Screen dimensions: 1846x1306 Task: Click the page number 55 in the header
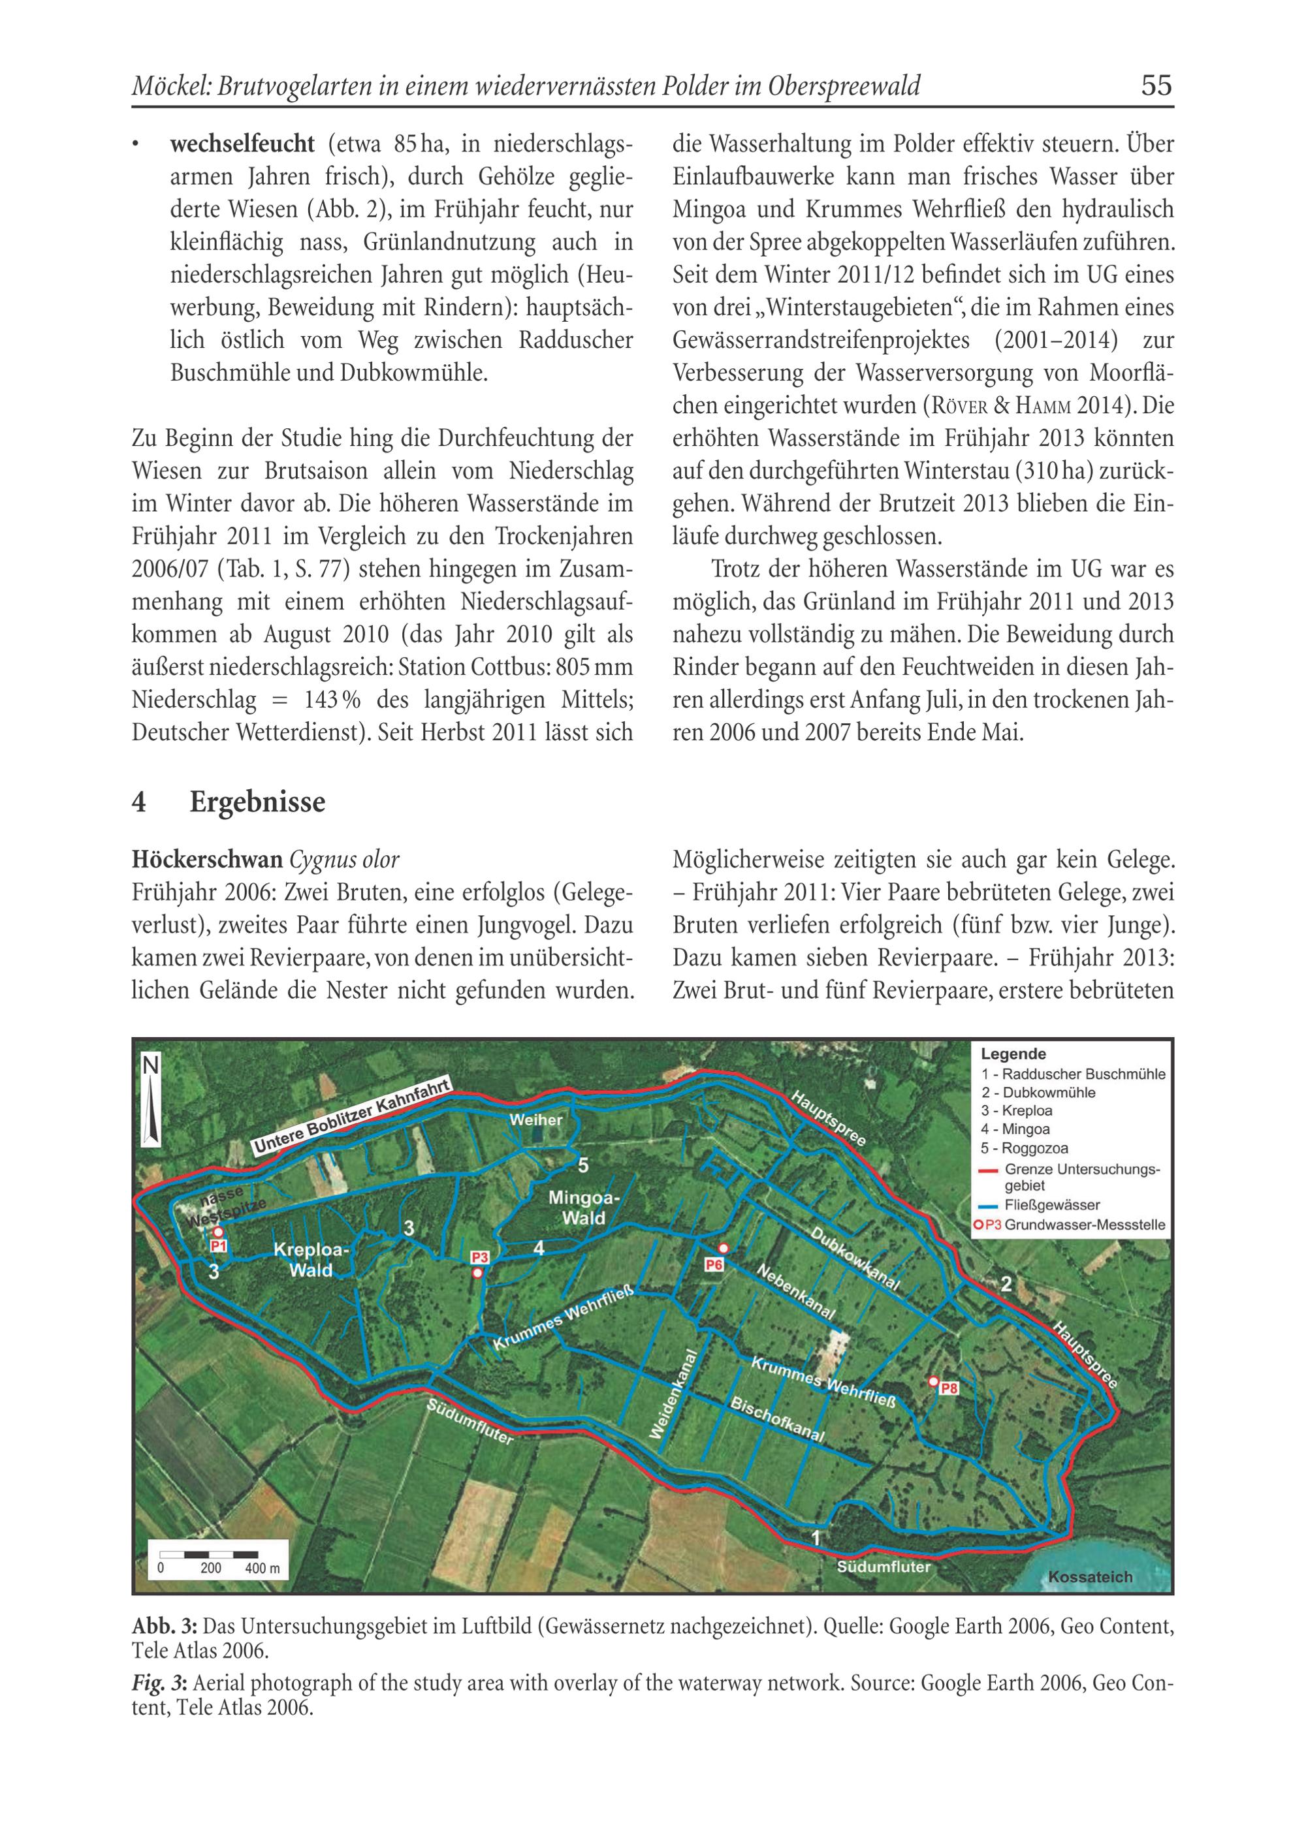point(1156,86)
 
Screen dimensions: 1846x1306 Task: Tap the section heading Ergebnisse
point(257,802)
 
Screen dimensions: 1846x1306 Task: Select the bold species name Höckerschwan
point(207,860)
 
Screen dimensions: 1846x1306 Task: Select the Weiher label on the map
point(535,1119)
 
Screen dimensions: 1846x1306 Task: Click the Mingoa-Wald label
point(584,1208)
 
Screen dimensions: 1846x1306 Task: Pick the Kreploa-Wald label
point(311,1260)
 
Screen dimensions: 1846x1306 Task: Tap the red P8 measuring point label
point(949,1388)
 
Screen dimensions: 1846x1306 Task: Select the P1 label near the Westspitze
point(219,1246)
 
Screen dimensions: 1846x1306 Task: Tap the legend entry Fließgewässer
point(1052,1205)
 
